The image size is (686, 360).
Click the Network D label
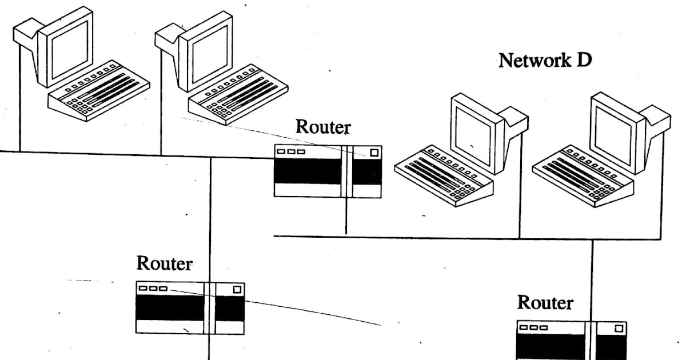point(545,60)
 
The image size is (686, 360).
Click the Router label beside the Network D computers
point(322,127)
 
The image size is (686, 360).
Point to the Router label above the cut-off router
point(545,303)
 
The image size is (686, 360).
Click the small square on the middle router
point(374,153)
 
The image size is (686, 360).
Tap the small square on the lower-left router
point(237,289)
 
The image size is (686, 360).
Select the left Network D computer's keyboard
point(444,177)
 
